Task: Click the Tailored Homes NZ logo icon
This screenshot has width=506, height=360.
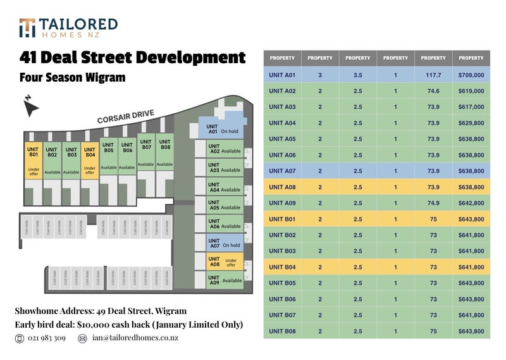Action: tap(27, 28)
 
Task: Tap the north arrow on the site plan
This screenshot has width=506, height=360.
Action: tap(30, 107)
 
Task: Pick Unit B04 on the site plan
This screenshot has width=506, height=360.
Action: tap(90, 161)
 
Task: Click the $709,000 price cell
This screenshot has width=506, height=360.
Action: tap(471, 75)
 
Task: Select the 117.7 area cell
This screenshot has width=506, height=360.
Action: tap(433, 75)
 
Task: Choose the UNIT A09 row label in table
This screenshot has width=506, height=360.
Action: tap(282, 203)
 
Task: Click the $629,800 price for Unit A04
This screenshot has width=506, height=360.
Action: tap(471, 123)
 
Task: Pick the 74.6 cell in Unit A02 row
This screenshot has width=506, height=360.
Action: tap(433, 91)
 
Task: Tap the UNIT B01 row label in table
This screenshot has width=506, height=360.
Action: tap(282, 219)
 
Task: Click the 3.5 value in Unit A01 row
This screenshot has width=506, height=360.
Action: tap(358, 75)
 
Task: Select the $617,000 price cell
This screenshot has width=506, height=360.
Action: tap(471, 107)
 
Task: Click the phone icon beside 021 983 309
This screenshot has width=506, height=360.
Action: tap(20, 338)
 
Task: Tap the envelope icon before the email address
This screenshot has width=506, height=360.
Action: tap(82, 338)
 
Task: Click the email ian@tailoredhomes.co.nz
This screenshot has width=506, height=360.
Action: tap(135, 338)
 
